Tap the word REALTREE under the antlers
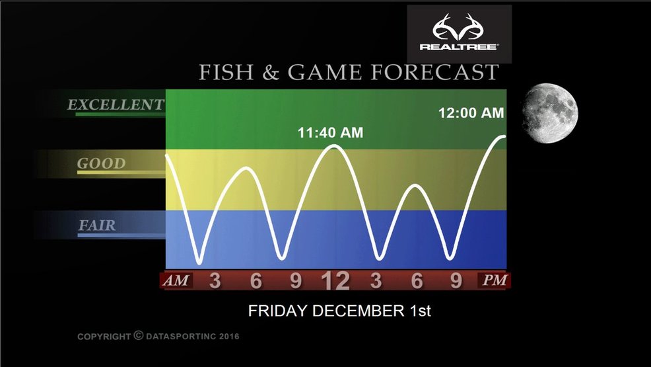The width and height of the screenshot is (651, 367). tap(458, 46)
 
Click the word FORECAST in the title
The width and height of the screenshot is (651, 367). tap(434, 72)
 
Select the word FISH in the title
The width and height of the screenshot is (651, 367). tap(226, 72)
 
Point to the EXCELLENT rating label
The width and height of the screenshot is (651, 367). tap(116, 104)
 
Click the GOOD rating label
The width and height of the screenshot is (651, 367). tap(101, 163)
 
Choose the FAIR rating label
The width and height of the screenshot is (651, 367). tap(97, 225)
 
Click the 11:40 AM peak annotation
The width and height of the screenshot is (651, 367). tap(330, 133)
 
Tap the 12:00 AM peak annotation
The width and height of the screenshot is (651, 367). tap(471, 112)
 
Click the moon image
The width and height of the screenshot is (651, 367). tap(550, 113)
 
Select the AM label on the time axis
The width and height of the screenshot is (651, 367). tap(176, 280)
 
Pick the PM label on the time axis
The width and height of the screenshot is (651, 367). tap(495, 280)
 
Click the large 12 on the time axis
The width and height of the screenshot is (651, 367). tap(335, 281)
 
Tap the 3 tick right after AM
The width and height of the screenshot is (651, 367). tap(215, 280)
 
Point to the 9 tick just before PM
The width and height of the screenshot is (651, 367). tap(456, 280)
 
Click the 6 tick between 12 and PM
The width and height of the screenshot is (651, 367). tap(417, 280)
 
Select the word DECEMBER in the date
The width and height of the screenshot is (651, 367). tap(359, 311)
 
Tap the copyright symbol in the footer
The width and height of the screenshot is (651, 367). tap(139, 335)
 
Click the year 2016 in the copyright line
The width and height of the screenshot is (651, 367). tap(229, 336)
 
